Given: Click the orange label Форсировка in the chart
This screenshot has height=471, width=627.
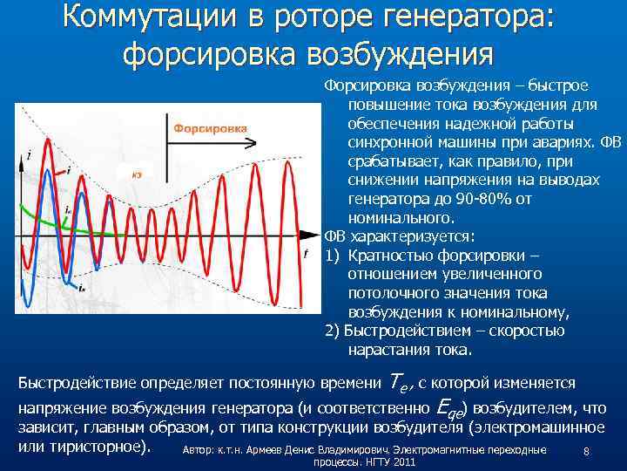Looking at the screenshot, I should (210, 128).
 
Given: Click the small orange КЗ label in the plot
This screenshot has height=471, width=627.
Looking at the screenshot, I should (137, 175).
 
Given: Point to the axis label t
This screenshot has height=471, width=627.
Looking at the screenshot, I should (305, 253).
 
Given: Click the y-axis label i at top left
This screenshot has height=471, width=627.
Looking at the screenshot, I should (29, 154).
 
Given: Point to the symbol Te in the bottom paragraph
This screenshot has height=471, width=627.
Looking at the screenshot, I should (397, 382).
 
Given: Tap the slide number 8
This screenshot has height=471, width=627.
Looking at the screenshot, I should (587, 452).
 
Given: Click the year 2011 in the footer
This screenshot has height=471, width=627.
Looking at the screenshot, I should (402, 461).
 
